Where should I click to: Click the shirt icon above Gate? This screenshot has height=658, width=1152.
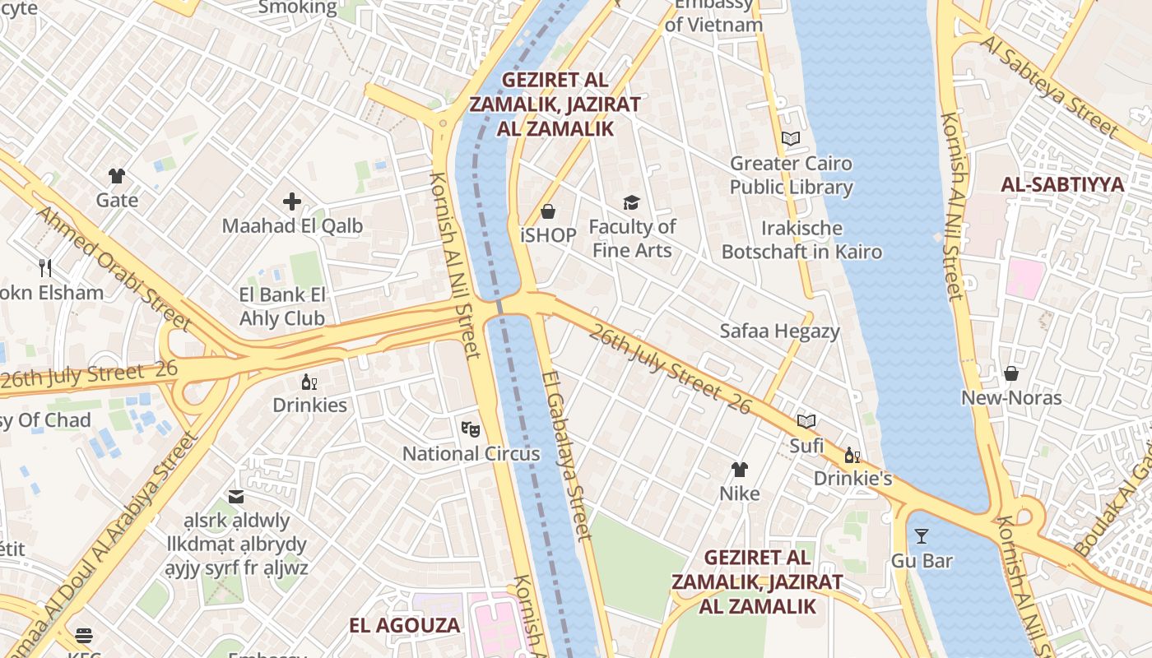(x=117, y=176)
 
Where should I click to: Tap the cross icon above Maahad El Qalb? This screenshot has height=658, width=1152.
(x=292, y=202)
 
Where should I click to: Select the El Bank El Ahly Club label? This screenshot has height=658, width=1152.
(x=282, y=307)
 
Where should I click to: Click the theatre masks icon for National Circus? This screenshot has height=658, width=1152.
(x=471, y=429)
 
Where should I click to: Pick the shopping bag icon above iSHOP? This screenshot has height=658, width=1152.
(x=548, y=211)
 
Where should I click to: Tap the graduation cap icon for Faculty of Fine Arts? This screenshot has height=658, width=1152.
(x=631, y=202)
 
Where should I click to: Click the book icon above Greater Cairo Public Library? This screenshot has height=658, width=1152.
(x=791, y=139)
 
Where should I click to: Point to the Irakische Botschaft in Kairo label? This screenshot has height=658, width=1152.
(x=801, y=240)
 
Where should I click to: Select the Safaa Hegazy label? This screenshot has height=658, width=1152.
(x=779, y=331)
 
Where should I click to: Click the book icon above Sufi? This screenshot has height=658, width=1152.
(x=806, y=422)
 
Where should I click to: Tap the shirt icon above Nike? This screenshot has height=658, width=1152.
(x=740, y=470)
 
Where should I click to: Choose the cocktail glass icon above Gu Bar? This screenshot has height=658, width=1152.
(x=922, y=536)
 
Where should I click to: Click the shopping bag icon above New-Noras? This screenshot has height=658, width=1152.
(x=1011, y=374)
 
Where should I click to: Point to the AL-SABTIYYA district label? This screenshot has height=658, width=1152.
(x=1062, y=185)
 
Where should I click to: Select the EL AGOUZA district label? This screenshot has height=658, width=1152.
(x=404, y=625)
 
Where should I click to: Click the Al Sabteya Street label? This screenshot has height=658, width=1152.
(x=1049, y=86)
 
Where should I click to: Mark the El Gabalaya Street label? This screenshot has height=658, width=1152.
(x=566, y=456)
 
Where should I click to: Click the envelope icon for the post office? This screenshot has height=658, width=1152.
(x=236, y=497)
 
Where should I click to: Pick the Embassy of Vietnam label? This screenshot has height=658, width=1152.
(x=713, y=15)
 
